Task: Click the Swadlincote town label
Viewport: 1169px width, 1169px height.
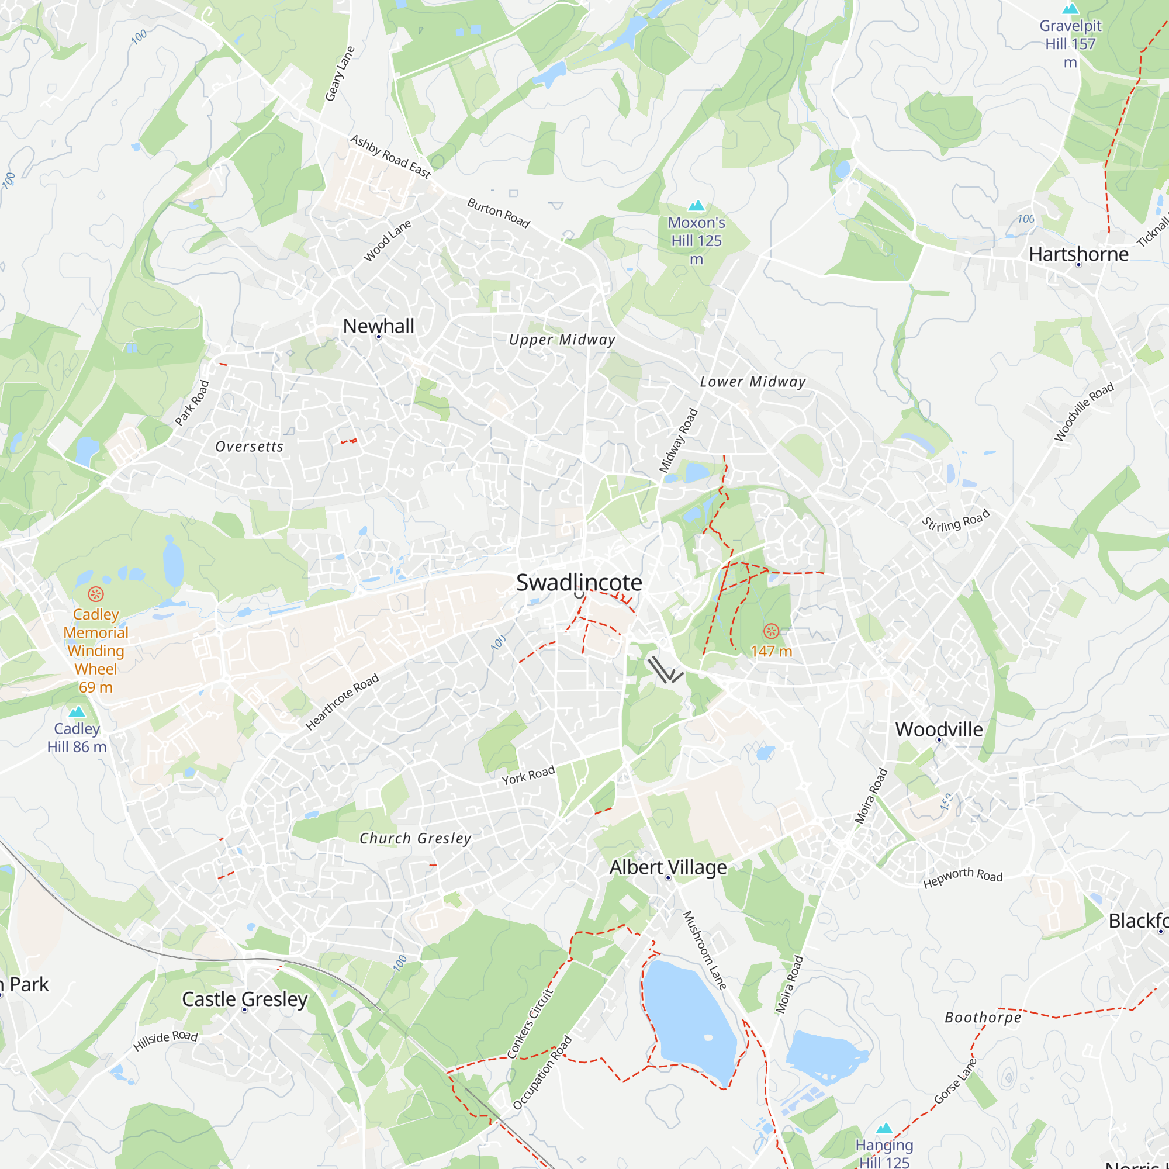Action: point(579,583)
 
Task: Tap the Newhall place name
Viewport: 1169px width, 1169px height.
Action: point(378,326)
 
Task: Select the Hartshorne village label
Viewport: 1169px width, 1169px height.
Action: point(1078,254)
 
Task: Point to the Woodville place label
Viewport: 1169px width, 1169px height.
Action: point(939,729)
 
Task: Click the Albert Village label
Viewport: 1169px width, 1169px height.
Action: point(668,867)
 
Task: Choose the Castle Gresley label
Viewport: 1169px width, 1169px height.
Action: point(244,999)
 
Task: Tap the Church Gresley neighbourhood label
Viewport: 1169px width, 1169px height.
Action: point(415,839)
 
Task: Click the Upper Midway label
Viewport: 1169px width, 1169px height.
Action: point(562,340)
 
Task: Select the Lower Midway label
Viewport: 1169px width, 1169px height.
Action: point(753,382)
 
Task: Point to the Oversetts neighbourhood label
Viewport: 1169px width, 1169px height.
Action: point(250,447)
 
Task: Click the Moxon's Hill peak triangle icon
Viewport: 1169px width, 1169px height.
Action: point(697,206)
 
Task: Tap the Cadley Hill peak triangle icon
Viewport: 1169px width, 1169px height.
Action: point(77,711)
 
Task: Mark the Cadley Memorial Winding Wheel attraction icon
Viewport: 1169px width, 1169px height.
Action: point(96,594)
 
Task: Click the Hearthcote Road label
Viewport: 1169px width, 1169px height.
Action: point(342,702)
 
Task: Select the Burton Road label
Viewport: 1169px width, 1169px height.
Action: point(499,213)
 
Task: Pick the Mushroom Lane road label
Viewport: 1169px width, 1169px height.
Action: point(704,950)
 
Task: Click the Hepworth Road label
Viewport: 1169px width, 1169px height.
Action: point(963,877)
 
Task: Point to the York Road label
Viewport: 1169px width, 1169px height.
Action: point(528,776)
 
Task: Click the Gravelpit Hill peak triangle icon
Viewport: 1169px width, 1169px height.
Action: point(1070,9)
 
